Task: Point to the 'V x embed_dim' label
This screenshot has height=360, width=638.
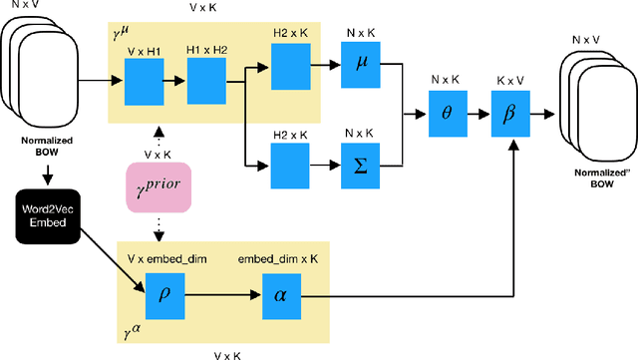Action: [164, 255]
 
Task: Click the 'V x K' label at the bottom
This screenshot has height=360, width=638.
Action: [232, 352]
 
